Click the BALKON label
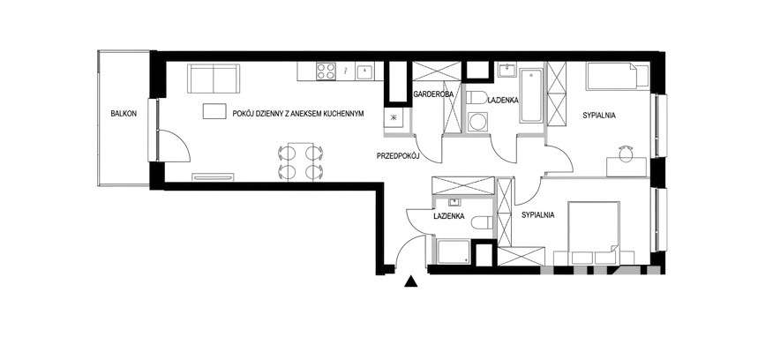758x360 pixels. (124, 114)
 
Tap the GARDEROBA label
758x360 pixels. (433, 94)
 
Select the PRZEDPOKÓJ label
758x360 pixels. (397, 156)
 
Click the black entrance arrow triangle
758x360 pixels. (410, 281)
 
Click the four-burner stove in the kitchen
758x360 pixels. (326, 71)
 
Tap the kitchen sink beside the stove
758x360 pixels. (364, 72)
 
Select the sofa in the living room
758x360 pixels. (214, 79)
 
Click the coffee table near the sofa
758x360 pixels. (214, 111)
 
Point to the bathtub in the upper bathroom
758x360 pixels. (531, 95)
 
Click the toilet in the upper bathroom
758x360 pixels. (477, 97)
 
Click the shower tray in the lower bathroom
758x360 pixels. (454, 251)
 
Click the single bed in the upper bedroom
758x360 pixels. (618, 77)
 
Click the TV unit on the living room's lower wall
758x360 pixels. (214, 176)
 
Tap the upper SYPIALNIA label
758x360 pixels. (599, 116)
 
